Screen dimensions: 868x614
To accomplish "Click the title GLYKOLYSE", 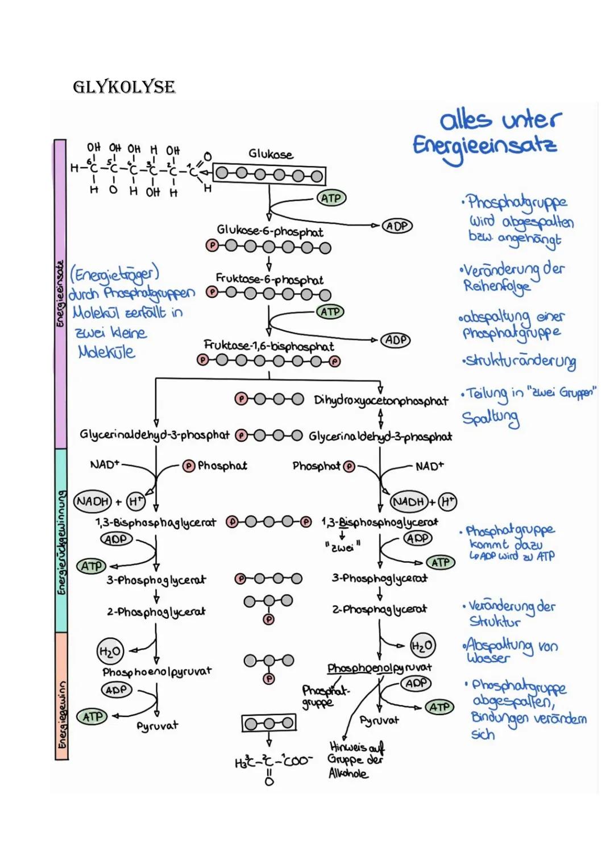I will (124, 87).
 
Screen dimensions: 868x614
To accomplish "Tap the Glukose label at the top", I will (271, 154).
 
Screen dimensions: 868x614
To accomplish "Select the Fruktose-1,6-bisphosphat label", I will (269, 346).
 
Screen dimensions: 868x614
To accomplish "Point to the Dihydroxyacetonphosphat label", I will (381, 401).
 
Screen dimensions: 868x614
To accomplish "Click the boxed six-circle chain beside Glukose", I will (269, 175).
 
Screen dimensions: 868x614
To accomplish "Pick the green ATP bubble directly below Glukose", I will (331, 198).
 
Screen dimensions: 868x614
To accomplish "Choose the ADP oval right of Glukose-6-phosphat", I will (397, 226).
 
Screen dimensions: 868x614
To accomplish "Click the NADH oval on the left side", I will (93, 501).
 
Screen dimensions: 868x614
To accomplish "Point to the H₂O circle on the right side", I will (422, 645).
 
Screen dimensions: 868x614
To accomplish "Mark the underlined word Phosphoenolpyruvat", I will (379, 668).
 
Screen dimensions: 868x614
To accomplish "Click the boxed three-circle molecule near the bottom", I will (269, 723).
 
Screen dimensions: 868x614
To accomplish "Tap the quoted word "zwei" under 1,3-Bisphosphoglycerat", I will (342, 547).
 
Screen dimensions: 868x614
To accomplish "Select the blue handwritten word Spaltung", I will (490, 419).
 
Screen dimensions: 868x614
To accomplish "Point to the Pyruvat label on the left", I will (157, 726).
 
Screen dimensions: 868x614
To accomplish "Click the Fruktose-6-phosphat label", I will (269, 279).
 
